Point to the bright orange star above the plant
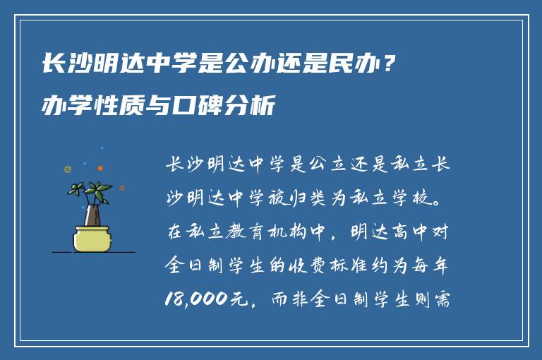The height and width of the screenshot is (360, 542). tap(100, 168)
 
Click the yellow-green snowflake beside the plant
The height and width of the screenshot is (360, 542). tap(68, 169)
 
